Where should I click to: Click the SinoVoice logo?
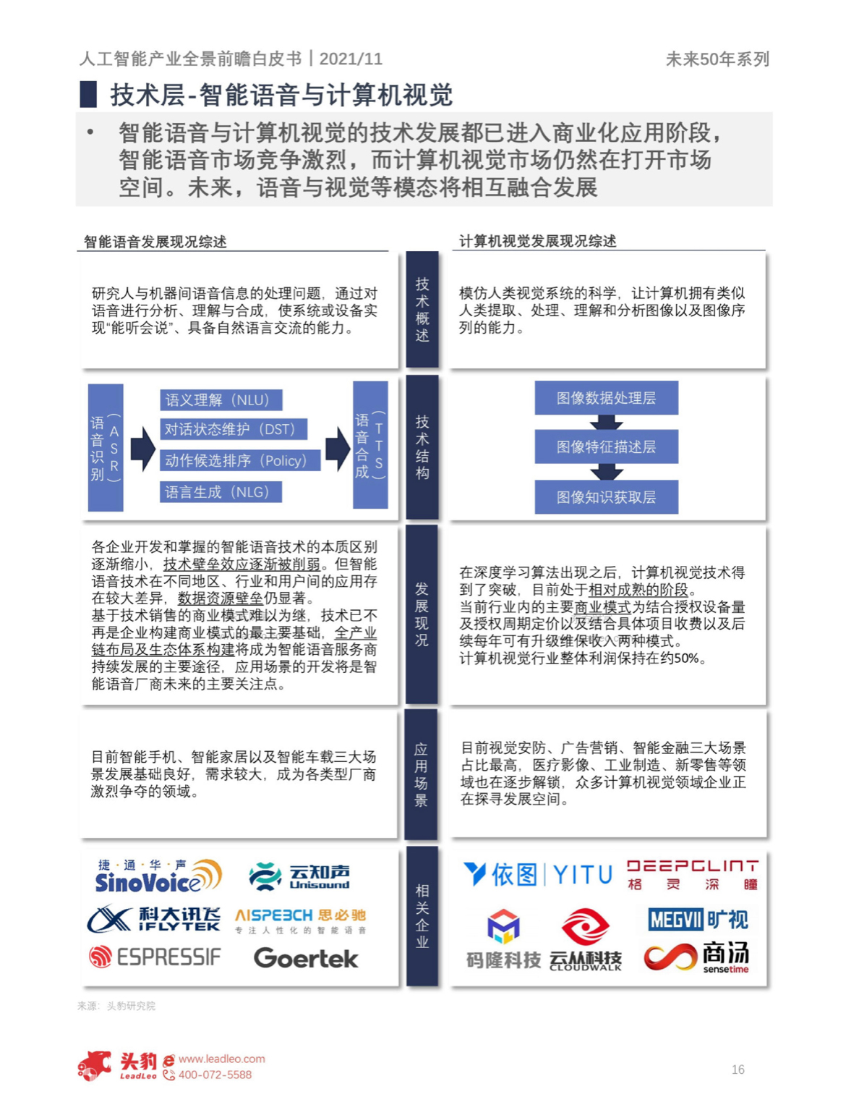coord(158,876)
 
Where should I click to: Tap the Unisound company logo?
coord(299,876)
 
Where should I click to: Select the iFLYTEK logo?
coord(153,918)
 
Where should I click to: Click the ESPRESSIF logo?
coord(155,957)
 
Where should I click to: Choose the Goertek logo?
coord(306,958)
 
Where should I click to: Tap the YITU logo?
coord(537,874)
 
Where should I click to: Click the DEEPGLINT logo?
coord(692,875)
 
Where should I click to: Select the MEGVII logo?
coord(698,919)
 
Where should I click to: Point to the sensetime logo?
coord(696,957)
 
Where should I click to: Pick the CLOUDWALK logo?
coord(585,940)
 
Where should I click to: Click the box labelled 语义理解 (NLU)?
coord(221,400)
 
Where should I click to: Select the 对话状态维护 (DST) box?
coord(234,429)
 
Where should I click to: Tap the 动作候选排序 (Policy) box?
coord(240,460)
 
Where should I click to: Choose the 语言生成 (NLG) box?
coord(221,492)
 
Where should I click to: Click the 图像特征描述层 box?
coord(607,446)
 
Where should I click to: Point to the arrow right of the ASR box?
coord(143,449)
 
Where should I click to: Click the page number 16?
coord(738,1070)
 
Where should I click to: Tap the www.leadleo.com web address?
coord(222,1059)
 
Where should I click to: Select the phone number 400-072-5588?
coord(215,1075)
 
